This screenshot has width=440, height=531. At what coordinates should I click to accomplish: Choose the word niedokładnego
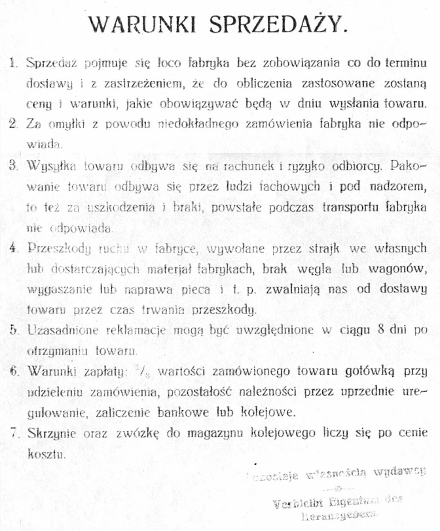coord(198,124)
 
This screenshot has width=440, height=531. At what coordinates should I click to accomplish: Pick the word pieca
coord(196,290)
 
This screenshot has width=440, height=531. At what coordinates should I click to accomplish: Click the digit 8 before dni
coord(380,330)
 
